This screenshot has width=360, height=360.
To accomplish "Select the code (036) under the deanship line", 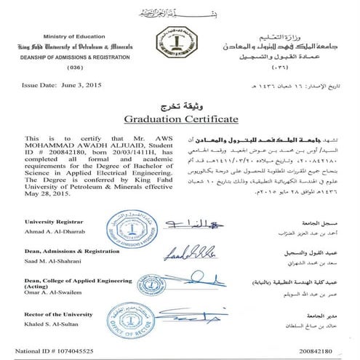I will [54, 67].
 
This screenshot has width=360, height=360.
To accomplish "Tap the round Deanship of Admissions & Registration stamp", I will [129, 229].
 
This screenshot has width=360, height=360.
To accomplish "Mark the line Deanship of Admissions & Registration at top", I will [55, 57].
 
